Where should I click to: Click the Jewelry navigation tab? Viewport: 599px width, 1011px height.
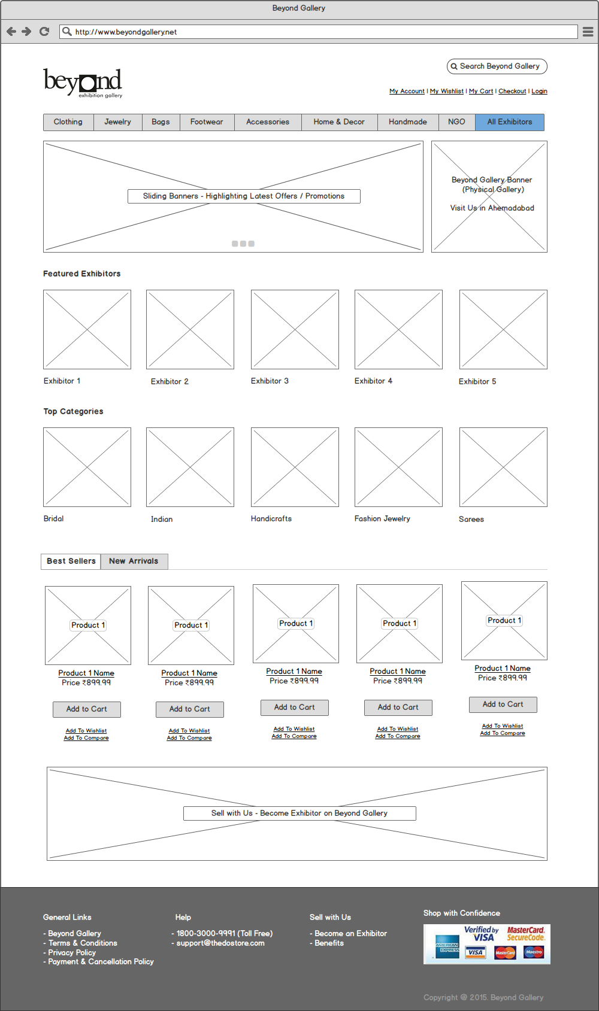(x=117, y=122)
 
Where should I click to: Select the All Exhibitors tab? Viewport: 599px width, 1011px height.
(x=509, y=122)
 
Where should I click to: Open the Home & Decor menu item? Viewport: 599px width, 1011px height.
(x=339, y=122)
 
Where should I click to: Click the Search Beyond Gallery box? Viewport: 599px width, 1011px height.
(x=497, y=66)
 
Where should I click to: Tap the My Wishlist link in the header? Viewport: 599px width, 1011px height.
(x=447, y=92)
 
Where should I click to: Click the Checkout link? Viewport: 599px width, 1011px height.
(x=512, y=92)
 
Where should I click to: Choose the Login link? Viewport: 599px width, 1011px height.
(x=539, y=92)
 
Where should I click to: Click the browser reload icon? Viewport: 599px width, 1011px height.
(x=44, y=32)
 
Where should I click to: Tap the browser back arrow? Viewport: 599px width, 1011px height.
(x=11, y=32)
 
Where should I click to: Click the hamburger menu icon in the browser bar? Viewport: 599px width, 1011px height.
(x=588, y=32)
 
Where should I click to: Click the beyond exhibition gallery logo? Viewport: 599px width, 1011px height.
(x=83, y=83)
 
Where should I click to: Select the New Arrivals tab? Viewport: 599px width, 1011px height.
(x=134, y=561)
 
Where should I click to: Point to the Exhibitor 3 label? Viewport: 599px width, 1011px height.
(x=270, y=381)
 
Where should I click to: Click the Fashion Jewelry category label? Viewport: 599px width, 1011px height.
(x=382, y=519)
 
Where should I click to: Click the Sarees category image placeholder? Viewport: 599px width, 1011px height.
(x=503, y=467)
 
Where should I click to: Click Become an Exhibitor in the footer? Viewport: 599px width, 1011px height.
(x=350, y=934)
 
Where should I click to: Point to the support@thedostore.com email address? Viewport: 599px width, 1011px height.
(x=220, y=943)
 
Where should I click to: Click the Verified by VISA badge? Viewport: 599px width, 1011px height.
(x=481, y=934)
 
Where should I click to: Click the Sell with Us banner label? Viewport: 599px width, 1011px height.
(x=299, y=813)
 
